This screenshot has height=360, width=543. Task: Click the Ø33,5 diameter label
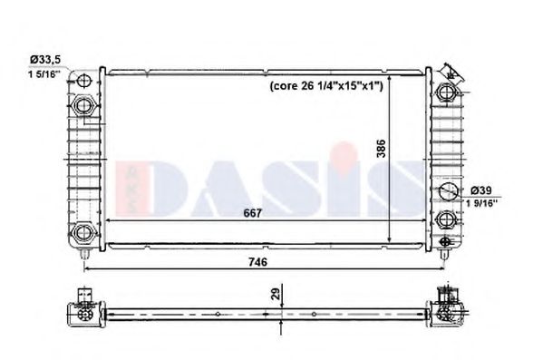[44, 59]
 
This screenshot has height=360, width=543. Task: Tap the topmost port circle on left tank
[83, 77]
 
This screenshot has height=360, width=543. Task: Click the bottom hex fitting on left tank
[84, 231]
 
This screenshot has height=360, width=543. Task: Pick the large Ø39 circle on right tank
[446, 191]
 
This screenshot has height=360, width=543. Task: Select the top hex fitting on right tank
[446, 92]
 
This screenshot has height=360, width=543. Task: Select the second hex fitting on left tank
[84, 105]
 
